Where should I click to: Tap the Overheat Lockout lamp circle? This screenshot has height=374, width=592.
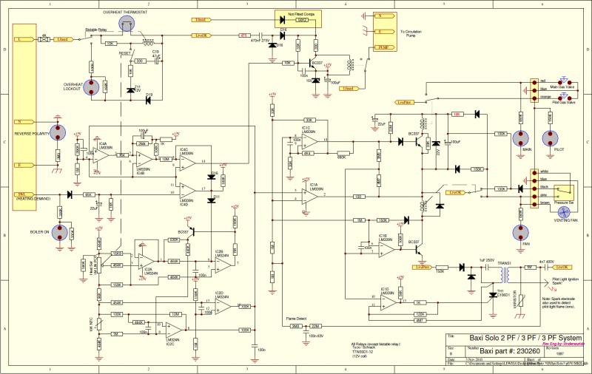tap(93, 87)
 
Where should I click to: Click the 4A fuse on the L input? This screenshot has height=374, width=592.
tap(44, 38)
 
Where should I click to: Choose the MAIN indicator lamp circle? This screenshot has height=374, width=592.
tap(520, 139)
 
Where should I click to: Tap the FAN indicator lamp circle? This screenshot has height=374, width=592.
tap(520, 231)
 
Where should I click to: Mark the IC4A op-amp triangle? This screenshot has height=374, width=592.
tap(103, 153)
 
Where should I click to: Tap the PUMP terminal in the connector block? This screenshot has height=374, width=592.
tap(383, 47)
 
